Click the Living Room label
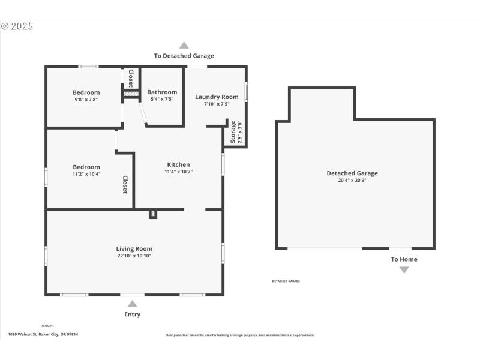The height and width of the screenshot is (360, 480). (x=134, y=248)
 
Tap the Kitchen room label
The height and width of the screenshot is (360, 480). (x=178, y=164)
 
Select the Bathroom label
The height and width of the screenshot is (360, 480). (x=162, y=92)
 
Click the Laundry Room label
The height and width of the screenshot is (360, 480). (x=217, y=97)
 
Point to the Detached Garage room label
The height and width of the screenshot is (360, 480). (x=352, y=173)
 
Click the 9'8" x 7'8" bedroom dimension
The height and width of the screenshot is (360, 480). (x=86, y=100)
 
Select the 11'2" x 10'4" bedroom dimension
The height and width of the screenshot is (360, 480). (x=86, y=174)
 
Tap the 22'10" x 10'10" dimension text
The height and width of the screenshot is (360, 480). (x=134, y=256)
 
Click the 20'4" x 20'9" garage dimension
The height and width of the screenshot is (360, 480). (x=352, y=180)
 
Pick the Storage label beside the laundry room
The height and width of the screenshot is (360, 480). (x=233, y=131)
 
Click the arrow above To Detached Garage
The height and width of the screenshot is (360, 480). (x=184, y=45)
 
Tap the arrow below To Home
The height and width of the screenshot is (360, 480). (x=404, y=270)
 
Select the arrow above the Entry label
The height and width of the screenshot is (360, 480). (x=132, y=304)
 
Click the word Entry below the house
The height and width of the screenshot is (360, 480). (x=132, y=314)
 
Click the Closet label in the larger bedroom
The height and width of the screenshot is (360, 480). (x=125, y=184)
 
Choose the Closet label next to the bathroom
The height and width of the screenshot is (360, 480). (x=131, y=78)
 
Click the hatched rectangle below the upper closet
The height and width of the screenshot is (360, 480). (x=131, y=94)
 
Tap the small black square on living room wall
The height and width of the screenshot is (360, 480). (x=152, y=214)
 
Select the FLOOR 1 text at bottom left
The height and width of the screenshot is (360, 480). (x=47, y=326)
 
